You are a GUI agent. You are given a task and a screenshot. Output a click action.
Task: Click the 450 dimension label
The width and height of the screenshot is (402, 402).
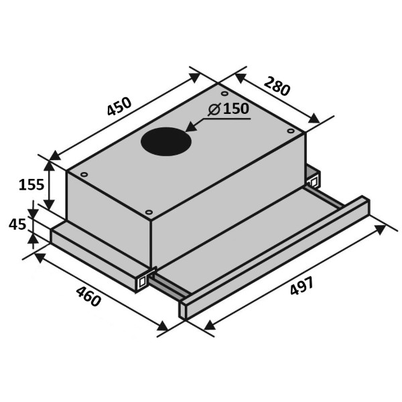[119, 106]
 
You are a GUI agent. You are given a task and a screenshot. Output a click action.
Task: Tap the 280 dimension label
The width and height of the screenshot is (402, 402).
[277, 86]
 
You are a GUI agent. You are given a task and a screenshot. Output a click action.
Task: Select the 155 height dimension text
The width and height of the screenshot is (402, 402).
[31, 185]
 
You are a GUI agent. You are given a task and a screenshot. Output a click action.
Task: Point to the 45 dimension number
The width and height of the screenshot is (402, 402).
[17, 224]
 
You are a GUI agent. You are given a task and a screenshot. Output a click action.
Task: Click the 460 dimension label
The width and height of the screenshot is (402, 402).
[88, 296]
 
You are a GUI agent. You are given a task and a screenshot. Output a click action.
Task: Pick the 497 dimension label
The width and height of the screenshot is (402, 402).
[301, 285]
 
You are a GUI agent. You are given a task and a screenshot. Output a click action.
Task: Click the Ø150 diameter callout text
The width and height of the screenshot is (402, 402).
[228, 109]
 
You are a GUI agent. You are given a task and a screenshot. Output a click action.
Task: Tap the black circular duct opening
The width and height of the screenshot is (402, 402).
[166, 141]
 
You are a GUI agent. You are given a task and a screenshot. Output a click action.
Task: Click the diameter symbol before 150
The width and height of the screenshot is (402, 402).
[214, 109]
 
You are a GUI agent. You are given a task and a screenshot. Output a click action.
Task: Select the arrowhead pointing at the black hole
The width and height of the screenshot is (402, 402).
[191, 127]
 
